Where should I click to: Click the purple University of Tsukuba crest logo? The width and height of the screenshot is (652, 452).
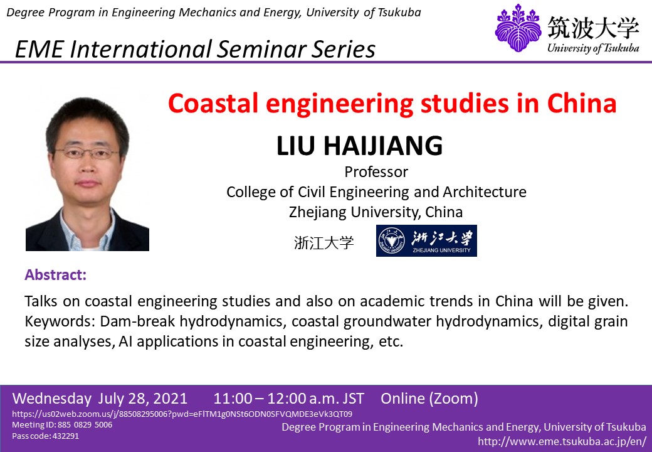(x=518, y=28)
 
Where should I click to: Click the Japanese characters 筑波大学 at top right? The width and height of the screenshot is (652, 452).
(x=593, y=28)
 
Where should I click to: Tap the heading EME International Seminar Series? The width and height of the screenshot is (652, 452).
(x=195, y=49)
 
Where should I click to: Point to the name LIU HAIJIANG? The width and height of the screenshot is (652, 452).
(x=360, y=145)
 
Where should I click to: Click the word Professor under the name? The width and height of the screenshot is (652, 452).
(x=376, y=171)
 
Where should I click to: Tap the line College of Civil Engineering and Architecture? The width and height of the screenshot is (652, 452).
(x=376, y=192)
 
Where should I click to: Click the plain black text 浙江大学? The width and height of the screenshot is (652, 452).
(x=324, y=242)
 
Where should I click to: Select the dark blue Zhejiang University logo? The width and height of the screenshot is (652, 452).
(x=427, y=240)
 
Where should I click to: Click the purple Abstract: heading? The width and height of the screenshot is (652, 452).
(x=56, y=275)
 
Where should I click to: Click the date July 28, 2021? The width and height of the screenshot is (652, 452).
(x=143, y=398)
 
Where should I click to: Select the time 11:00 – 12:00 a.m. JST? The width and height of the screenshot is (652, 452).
(x=288, y=398)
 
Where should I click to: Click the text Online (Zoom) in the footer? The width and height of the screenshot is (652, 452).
(x=429, y=398)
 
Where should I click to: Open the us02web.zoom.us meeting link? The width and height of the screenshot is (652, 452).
(x=182, y=414)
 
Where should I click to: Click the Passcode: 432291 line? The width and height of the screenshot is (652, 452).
(x=45, y=436)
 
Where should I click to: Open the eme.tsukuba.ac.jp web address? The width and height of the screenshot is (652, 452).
(x=562, y=441)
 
